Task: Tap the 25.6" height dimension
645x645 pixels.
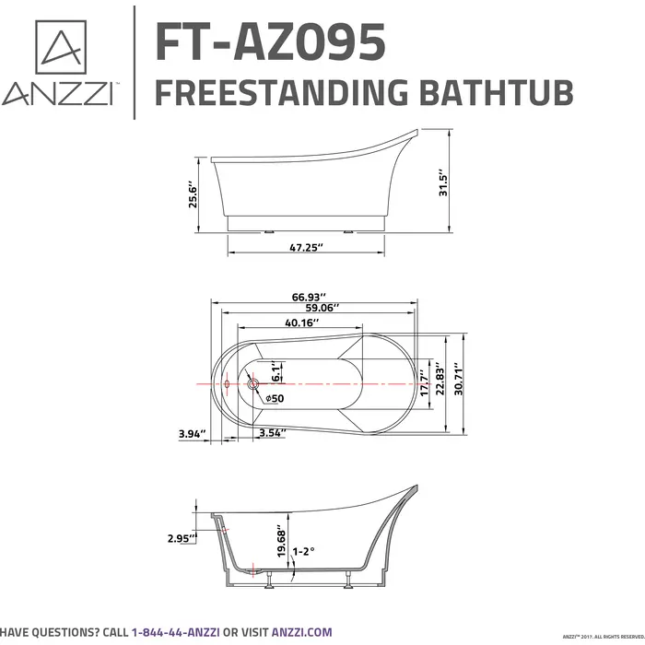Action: [x=193, y=194]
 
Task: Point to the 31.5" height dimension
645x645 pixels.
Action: [x=442, y=182]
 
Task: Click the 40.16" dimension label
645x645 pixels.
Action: [x=300, y=322]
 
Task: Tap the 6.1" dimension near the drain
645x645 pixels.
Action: [x=275, y=373]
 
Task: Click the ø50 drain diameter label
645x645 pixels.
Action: [x=274, y=398]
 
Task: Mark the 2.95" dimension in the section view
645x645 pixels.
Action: [x=181, y=538]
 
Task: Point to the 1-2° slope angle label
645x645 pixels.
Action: [x=303, y=551]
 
